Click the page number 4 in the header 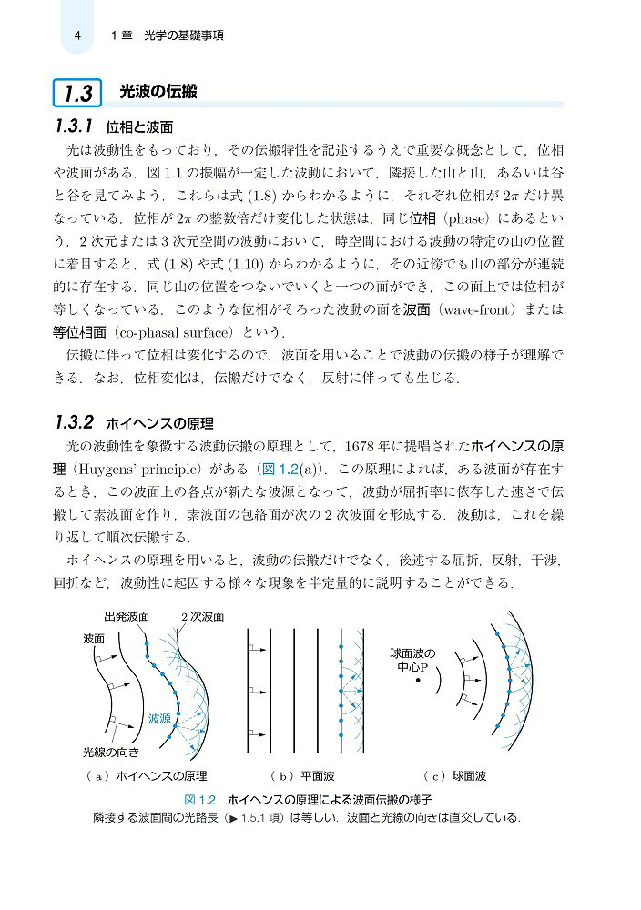point(79,36)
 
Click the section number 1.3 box point(78,92)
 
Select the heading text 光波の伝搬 point(159,92)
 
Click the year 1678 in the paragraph point(363,446)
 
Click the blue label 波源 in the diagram point(160,718)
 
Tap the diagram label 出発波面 point(127,616)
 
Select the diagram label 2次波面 point(201,616)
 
